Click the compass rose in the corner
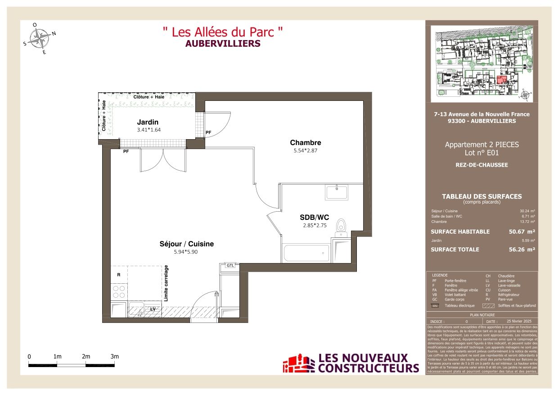(41, 37)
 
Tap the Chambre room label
(305, 143)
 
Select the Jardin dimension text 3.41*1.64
(148, 130)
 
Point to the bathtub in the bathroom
(306, 253)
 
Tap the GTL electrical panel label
(230, 266)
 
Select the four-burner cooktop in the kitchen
(119, 291)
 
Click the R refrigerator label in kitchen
(118, 274)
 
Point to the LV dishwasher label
(153, 309)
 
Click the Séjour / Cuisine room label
(186, 244)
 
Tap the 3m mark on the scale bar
(115, 357)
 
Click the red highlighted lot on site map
(502, 80)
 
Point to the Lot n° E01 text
(481, 153)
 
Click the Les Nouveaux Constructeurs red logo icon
(298, 364)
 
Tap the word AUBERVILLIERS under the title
(223, 44)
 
